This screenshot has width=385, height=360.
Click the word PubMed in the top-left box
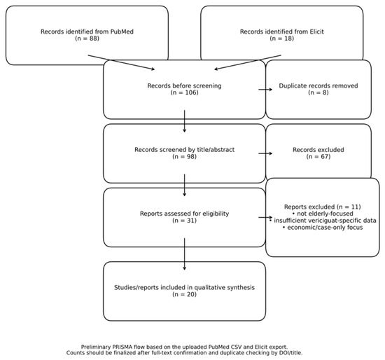pyautogui.click(x=122, y=32)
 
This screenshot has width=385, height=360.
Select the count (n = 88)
pyautogui.click(x=87, y=39)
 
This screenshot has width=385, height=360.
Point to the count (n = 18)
pyautogui.click(x=282, y=39)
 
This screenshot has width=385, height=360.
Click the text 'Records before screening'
pyautogui.click(x=184, y=85)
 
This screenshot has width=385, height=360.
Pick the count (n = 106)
pyautogui.click(x=184, y=92)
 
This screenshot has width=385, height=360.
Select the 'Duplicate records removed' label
pyautogui.click(x=318, y=85)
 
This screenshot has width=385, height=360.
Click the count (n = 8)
pyautogui.click(x=318, y=92)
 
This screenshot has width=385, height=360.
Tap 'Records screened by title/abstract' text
pyautogui.click(x=184, y=150)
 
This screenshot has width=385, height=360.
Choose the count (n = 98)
pyautogui.click(x=184, y=156)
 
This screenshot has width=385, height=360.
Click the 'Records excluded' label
pyautogui.click(x=318, y=150)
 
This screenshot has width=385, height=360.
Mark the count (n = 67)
pyautogui.click(x=318, y=156)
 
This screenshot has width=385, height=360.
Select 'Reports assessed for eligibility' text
pyautogui.click(x=184, y=214)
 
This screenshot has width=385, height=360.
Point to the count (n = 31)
pyautogui.click(x=184, y=221)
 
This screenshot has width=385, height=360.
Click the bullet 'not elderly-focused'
pyautogui.click(x=323, y=214)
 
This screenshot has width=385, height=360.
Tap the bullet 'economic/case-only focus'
pyautogui.click(x=323, y=228)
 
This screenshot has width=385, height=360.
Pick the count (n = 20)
pyautogui.click(x=184, y=294)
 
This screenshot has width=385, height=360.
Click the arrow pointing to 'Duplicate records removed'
pyautogui.click(x=265, y=90)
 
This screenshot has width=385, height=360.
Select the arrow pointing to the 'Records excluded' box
pyautogui.click(x=265, y=153)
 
